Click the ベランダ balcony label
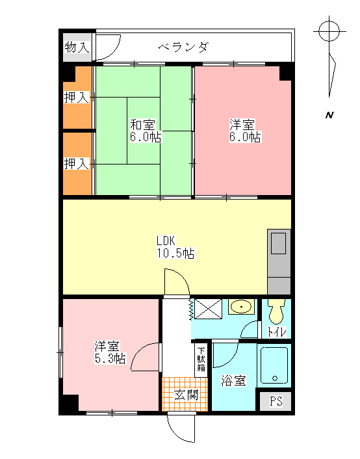[x=184, y=47]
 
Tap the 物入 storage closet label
[x=77, y=47]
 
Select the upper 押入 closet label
[x=77, y=97]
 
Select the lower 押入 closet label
[x=77, y=163]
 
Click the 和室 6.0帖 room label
[x=146, y=131]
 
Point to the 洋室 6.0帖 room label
[x=245, y=131]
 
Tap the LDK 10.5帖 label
[x=175, y=247]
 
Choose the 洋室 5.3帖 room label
[x=110, y=352]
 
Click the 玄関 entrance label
[x=186, y=395]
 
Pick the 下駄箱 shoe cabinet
[x=201, y=359]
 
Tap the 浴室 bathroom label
[x=233, y=380]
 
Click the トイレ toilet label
[x=277, y=332]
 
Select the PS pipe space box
[x=276, y=401]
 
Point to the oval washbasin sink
[x=242, y=307]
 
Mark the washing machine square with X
[x=208, y=309]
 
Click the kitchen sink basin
[x=278, y=243]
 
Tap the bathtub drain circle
[x=274, y=378]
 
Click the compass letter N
[x=329, y=115]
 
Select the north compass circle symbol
[x=329, y=31]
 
